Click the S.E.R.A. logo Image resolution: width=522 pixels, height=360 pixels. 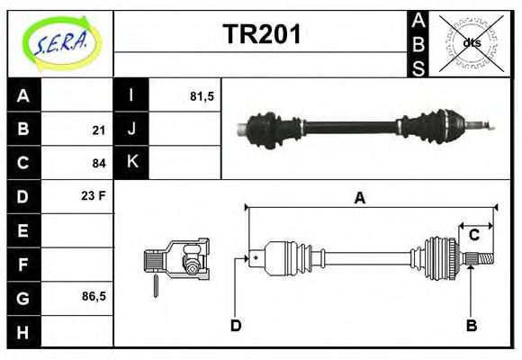pos(60,43)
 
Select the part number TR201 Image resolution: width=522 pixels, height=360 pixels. pos(262,35)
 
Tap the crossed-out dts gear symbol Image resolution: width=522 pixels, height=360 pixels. pos(471,43)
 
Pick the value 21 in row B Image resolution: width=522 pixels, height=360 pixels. pos(99,130)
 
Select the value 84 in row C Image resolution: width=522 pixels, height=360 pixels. pos(99,163)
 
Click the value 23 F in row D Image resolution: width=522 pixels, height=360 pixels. pos(94,195)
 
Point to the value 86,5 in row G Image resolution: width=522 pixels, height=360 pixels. pos(94,295)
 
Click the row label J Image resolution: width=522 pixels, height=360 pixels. pos(131,130)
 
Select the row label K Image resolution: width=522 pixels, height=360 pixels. pos(131,163)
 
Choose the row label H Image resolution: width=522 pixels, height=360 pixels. pos(23,331)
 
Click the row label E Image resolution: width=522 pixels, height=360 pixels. pos(23,230)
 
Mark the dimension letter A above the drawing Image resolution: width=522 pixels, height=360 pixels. pos(359,199)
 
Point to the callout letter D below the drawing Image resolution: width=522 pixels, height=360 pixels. pos(236,325)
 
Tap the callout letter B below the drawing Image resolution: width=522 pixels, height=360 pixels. pos(472,325)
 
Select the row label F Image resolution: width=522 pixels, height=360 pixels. pos(23,265)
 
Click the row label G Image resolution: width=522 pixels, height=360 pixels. pos(23,297)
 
